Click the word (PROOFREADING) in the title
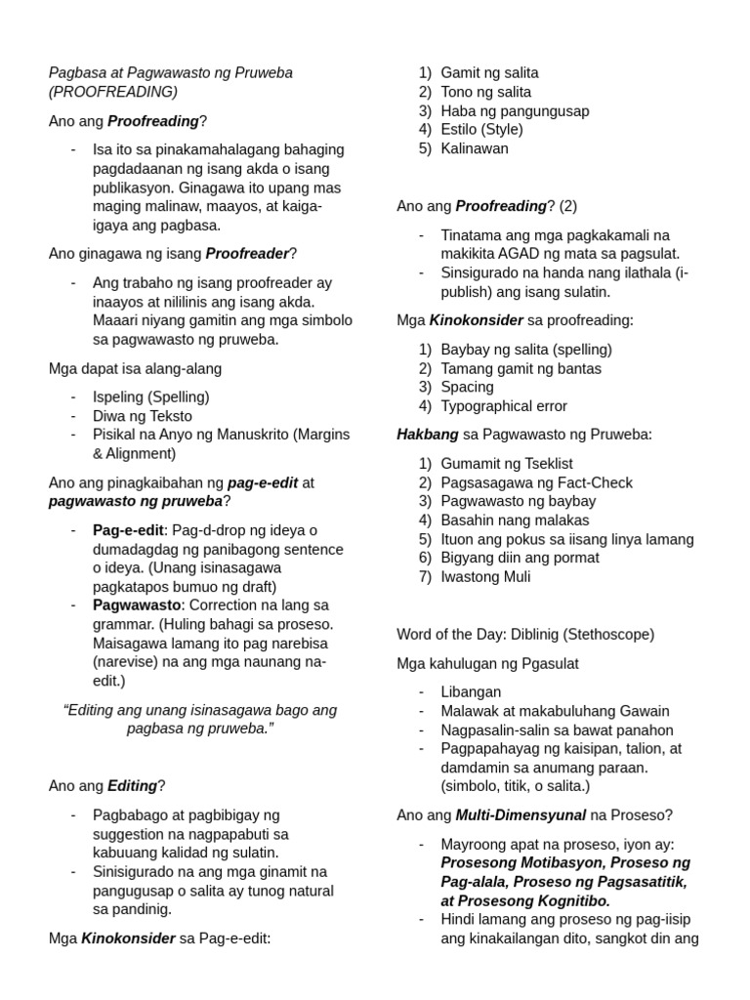coord(113,92)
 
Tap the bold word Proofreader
coord(247,254)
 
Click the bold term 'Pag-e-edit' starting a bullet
coord(130,530)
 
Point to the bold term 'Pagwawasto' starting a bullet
coord(134,605)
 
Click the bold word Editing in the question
coord(132,786)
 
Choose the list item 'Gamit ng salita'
coord(489,73)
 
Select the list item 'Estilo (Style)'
coord(481,130)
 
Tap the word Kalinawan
coord(475,148)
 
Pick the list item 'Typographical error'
coord(504,406)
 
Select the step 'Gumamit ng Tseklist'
coord(507,464)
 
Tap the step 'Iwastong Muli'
coord(485,577)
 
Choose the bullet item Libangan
coord(471,692)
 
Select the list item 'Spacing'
coord(467,388)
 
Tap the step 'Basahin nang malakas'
coord(515,521)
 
